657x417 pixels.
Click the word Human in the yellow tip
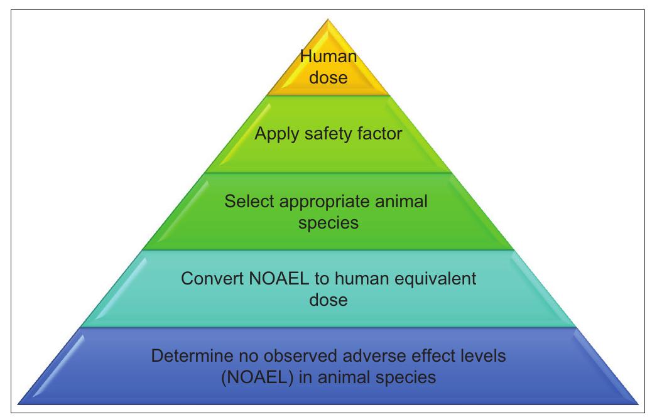[328, 57]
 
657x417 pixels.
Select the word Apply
[276, 134]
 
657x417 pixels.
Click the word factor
[379, 134]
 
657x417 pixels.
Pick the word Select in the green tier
[247, 202]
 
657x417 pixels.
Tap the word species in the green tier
[328, 222]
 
